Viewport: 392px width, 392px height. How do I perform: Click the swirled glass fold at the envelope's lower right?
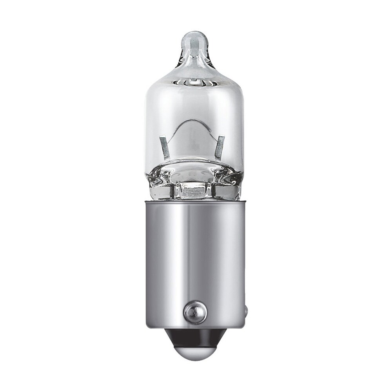click(229, 180)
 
